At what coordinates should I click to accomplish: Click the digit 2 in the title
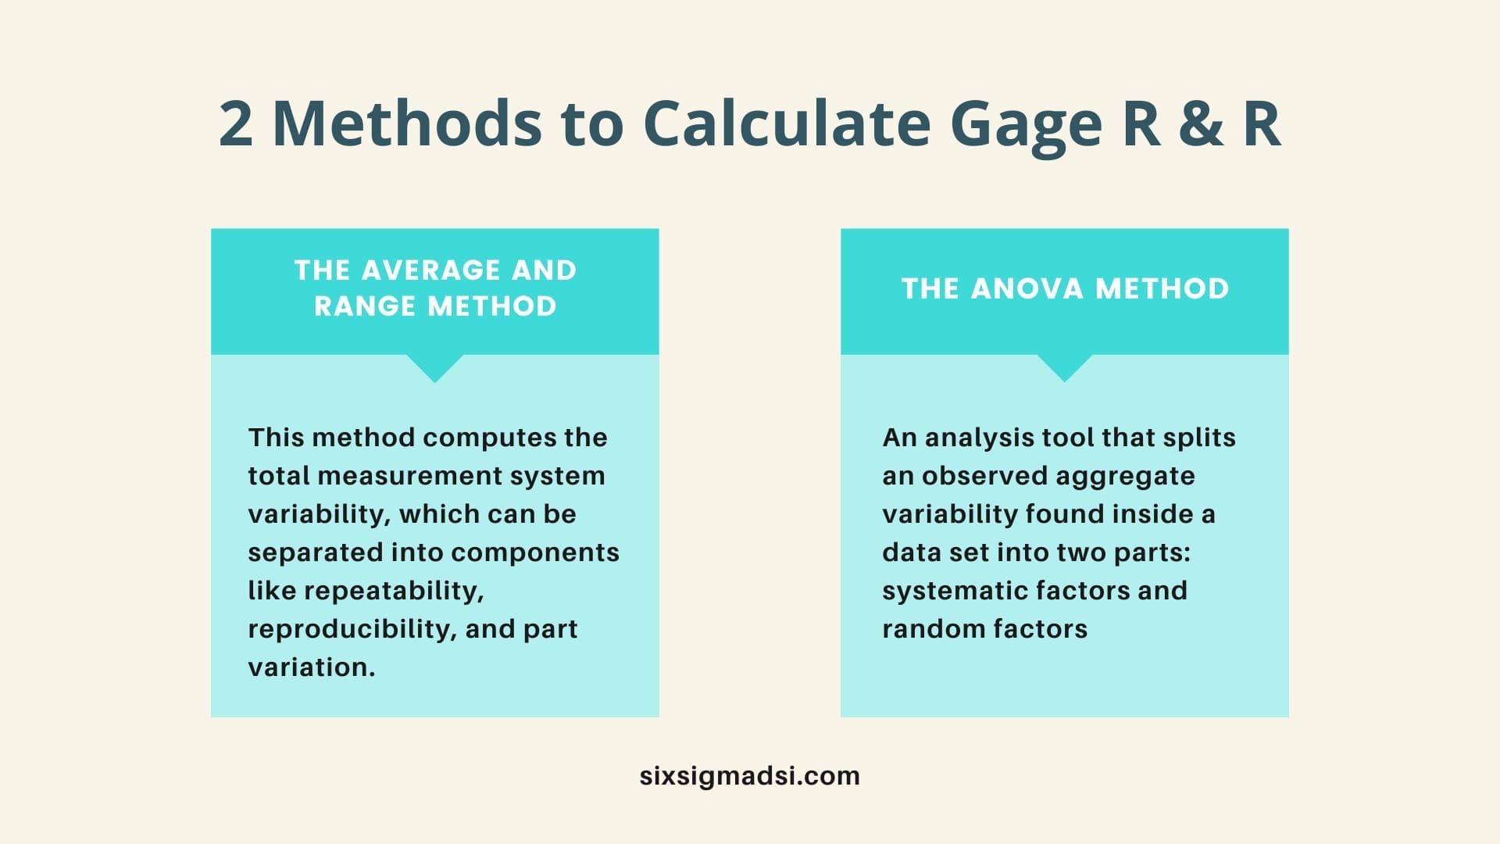(236, 123)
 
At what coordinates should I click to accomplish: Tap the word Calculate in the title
(787, 123)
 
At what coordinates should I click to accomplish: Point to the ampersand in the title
(1202, 123)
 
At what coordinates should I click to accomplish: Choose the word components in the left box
(535, 553)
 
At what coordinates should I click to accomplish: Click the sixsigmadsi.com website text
(750, 776)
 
